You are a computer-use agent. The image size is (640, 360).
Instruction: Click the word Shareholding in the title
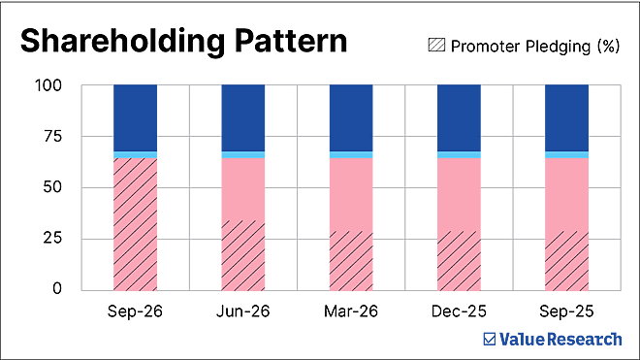122,42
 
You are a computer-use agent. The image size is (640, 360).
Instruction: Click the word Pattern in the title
291,41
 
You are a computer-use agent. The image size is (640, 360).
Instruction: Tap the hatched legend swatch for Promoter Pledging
436,45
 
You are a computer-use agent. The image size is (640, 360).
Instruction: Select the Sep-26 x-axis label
135,311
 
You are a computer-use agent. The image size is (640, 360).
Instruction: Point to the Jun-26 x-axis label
242,311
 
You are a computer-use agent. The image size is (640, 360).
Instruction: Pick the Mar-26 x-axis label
351,311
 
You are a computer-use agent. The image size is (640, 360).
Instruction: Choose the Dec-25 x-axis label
459,311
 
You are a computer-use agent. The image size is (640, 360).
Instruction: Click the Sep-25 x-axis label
566,311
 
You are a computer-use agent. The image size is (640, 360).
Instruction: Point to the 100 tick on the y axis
48,85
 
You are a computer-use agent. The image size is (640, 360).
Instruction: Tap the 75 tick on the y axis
52,137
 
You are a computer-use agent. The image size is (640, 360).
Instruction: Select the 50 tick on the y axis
52,187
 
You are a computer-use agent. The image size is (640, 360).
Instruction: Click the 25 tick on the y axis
52,239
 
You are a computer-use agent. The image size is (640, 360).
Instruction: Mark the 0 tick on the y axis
57,289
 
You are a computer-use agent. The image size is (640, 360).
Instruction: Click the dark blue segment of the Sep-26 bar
135,118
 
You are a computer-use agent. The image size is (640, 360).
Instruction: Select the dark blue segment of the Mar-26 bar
351,118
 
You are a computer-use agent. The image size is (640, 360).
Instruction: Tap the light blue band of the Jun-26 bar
242,154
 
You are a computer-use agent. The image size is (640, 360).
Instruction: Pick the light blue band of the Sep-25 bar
566,154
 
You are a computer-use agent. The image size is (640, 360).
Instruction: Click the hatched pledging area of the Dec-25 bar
459,261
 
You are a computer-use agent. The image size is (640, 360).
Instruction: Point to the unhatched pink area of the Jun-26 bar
242,189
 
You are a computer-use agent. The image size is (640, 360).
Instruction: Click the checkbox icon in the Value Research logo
489,340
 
